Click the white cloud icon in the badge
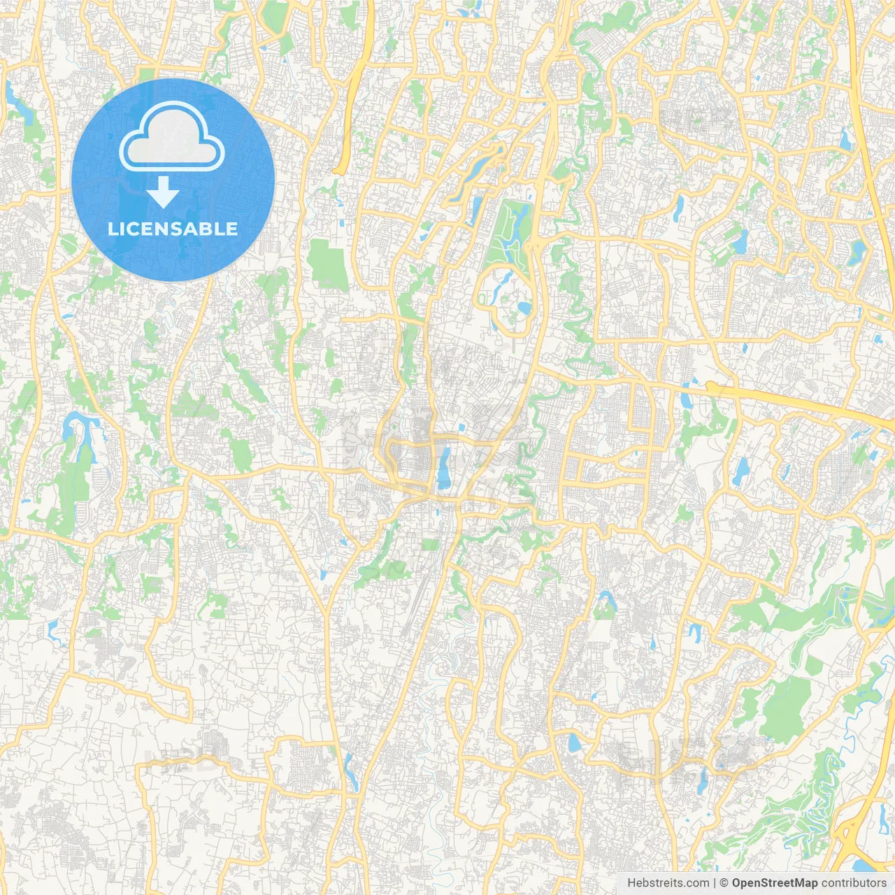[172, 136]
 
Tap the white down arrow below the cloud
[164, 192]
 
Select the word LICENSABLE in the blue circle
[173, 229]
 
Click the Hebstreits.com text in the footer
[667, 883]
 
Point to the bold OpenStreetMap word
[775, 883]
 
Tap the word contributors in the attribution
[854, 883]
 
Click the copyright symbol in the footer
[724, 883]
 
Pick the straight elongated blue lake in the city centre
[444, 468]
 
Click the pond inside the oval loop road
[523, 308]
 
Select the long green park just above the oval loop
[508, 231]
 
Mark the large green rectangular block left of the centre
[327, 264]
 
